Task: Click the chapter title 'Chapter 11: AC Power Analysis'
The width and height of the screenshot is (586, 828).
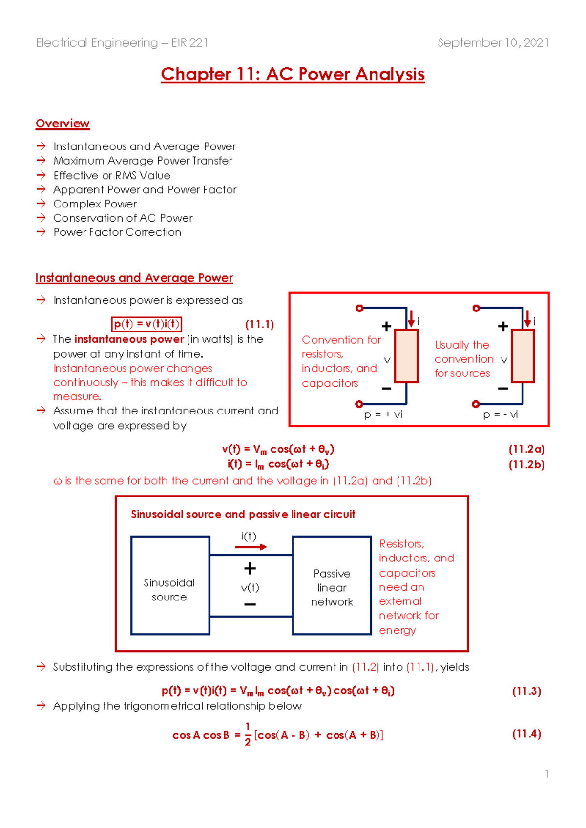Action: (293, 74)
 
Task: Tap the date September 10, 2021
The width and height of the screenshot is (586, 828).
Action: (493, 43)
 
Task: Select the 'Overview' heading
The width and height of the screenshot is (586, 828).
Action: (63, 124)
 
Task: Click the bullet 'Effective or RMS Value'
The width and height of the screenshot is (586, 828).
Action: (112, 175)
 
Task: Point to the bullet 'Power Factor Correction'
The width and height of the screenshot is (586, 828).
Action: (117, 232)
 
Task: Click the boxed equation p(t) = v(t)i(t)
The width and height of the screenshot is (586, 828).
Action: (146, 324)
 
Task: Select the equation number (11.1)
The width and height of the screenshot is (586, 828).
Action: (259, 325)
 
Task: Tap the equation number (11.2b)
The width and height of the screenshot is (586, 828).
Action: (526, 464)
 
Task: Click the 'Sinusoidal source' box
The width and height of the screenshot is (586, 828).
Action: (170, 586)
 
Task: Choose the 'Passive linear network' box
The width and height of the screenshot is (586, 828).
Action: (332, 586)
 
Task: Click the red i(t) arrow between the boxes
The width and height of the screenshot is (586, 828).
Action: (251, 547)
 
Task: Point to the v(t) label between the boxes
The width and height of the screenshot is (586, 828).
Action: (250, 587)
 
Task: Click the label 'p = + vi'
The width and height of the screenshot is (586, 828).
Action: (383, 414)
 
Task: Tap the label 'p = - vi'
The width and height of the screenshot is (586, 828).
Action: (500, 414)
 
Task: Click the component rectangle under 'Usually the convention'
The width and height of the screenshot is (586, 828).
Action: (523, 355)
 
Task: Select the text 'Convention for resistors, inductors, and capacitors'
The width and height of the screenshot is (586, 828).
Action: (340, 361)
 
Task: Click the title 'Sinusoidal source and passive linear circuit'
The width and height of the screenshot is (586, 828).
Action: (243, 514)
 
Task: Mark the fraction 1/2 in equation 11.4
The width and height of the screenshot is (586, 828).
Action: (248, 734)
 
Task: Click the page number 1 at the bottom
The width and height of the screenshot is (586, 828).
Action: (547, 774)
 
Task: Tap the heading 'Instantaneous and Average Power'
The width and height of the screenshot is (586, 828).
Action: (134, 278)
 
